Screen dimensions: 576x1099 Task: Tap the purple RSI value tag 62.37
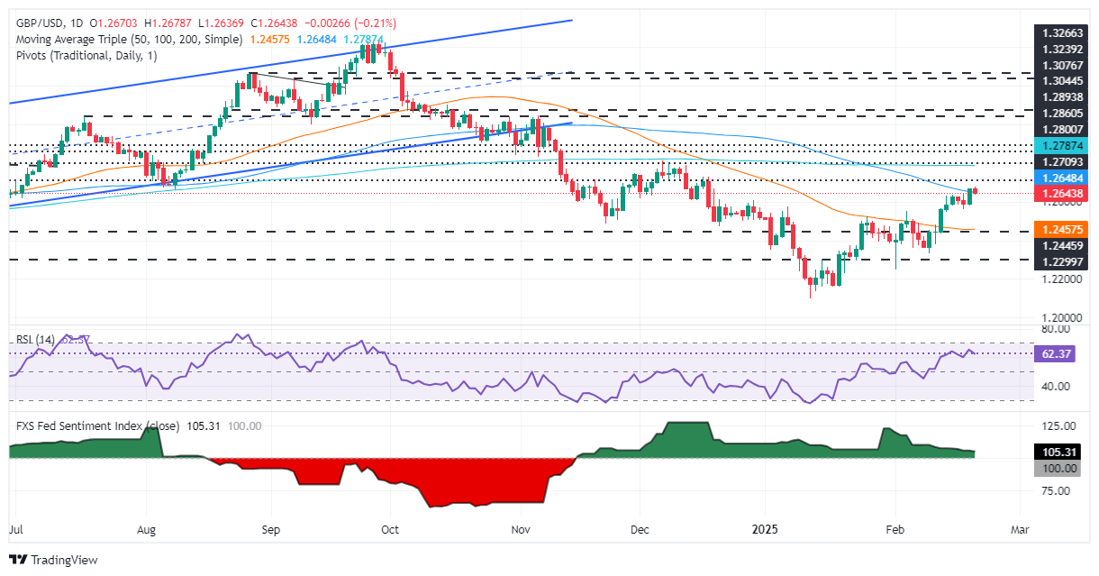point(1050,354)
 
